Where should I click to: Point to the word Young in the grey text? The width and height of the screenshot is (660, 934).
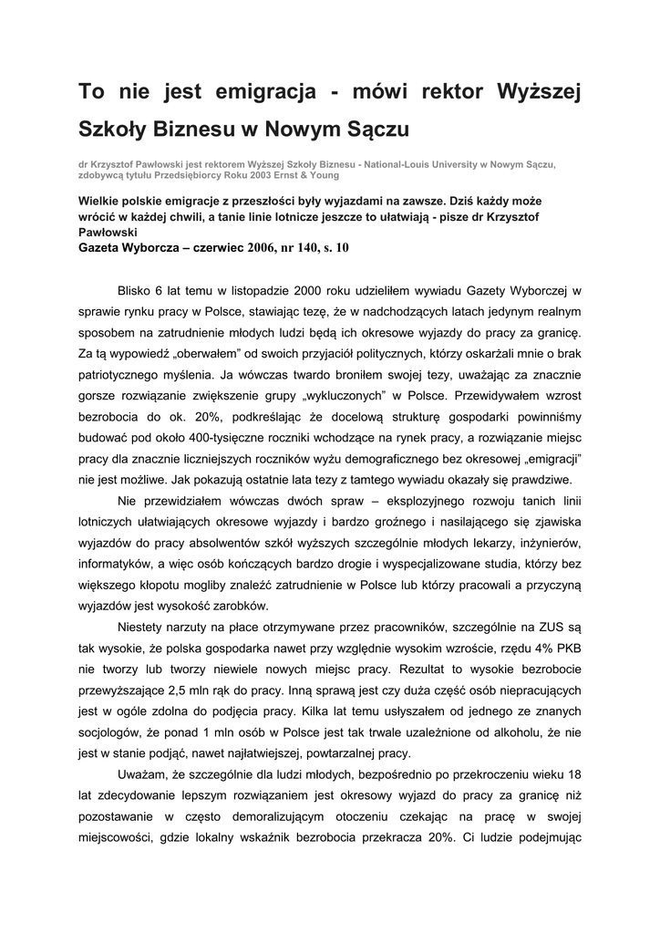tap(321, 175)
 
